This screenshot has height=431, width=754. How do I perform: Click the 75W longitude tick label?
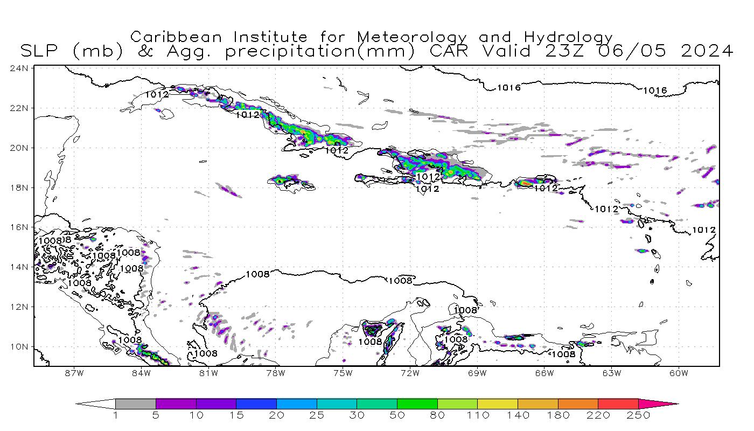[x=343, y=373]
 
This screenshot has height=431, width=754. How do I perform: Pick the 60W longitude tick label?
[x=679, y=373]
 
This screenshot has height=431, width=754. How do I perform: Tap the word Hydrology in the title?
[x=568, y=37]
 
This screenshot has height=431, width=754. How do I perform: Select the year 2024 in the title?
[x=707, y=51]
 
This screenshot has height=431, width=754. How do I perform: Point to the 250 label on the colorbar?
[x=638, y=415]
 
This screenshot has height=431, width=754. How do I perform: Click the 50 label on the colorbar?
[x=397, y=415]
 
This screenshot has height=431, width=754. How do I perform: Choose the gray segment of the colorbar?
[x=135, y=404]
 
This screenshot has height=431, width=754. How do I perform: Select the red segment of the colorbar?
[x=618, y=404]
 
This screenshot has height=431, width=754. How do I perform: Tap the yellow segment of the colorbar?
[x=497, y=404]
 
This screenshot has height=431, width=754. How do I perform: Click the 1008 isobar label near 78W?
[x=257, y=274]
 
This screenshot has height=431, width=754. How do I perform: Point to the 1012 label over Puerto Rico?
[x=546, y=188]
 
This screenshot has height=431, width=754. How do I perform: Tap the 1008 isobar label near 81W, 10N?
[x=206, y=353]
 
